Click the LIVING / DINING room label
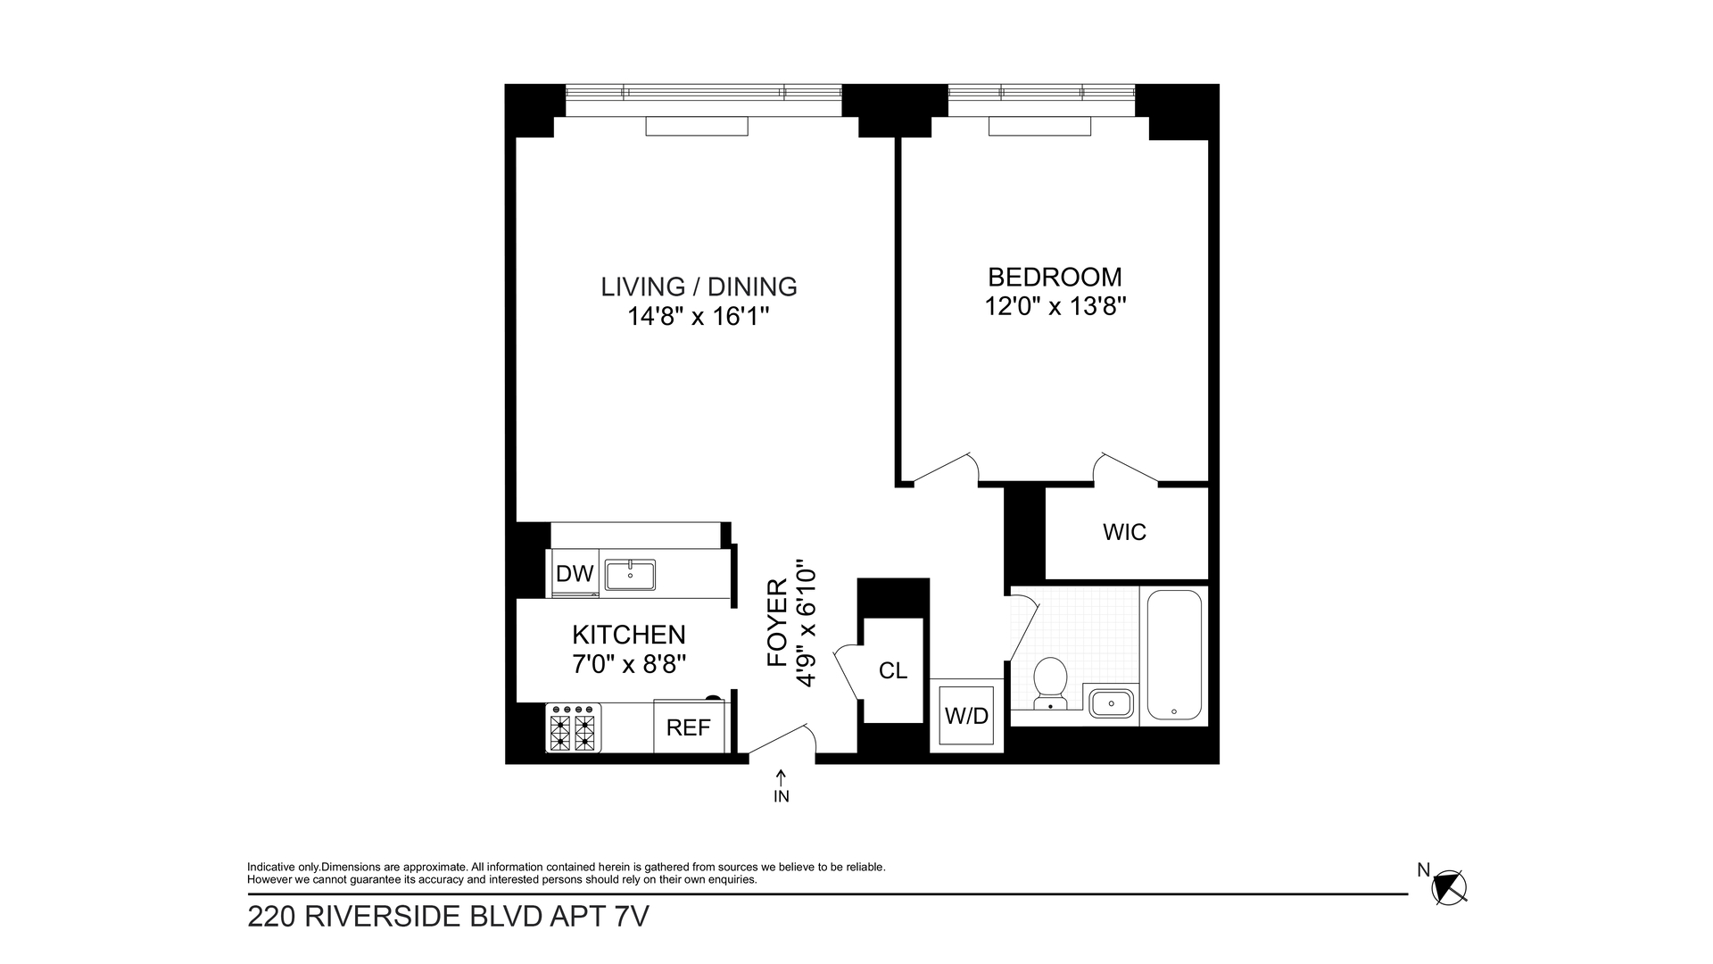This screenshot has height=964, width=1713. pyautogui.click(x=699, y=287)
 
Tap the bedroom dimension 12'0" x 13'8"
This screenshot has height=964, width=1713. pyautogui.click(x=1055, y=307)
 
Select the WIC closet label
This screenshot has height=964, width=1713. pyautogui.click(x=1124, y=532)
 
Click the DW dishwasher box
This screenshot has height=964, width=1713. pyautogui.click(x=575, y=573)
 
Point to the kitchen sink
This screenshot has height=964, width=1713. pyautogui.click(x=630, y=575)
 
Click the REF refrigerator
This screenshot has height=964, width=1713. pyautogui.click(x=688, y=727)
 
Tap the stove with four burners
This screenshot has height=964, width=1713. pyautogui.click(x=573, y=727)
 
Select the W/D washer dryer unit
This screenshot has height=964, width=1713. pyautogui.click(x=967, y=716)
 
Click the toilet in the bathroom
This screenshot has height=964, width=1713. pyautogui.click(x=1050, y=683)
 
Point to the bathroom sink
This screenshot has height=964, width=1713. pyautogui.click(x=1111, y=703)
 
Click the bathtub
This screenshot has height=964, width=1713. pyautogui.click(x=1173, y=654)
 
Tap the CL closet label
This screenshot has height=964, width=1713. pyautogui.click(x=892, y=671)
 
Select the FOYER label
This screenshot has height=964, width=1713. pyautogui.click(x=778, y=623)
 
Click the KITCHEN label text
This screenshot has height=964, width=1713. pyautogui.click(x=629, y=635)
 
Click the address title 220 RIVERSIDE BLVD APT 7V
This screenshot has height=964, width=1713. pyautogui.click(x=448, y=917)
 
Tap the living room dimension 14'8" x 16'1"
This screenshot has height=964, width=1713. pyautogui.click(x=698, y=317)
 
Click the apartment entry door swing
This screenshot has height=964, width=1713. pyautogui.click(x=782, y=743)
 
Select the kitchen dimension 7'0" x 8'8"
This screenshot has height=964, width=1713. pyautogui.click(x=629, y=664)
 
